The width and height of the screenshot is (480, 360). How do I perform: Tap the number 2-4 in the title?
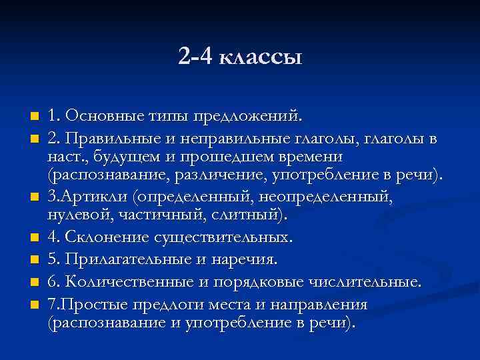(x=195, y=58)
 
